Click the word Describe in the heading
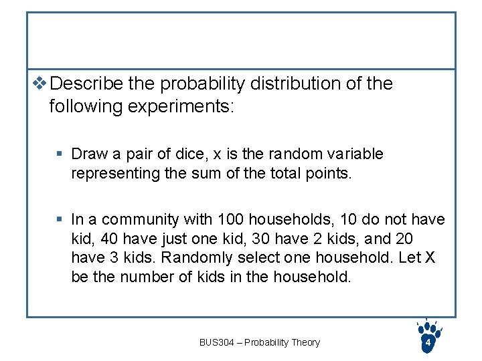pyautogui.click(x=86, y=84)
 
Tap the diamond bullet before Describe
pyautogui.click(x=39, y=84)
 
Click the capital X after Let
pyautogui.click(x=429, y=258)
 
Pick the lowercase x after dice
pyautogui.click(x=217, y=154)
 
